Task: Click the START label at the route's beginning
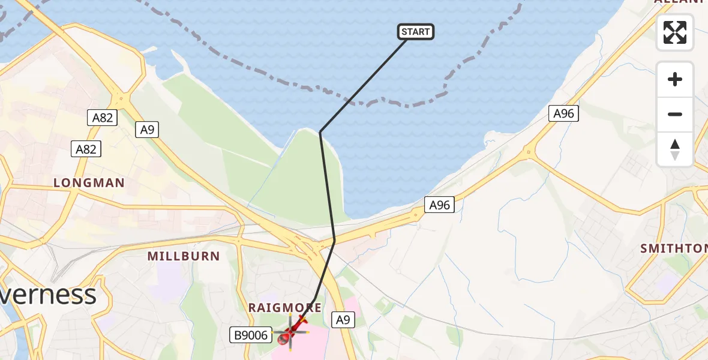click(415, 32)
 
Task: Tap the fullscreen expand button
click(675, 32)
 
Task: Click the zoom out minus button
click(675, 114)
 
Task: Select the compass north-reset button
click(675, 149)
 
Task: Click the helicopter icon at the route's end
click(291, 332)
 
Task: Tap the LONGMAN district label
click(89, 183)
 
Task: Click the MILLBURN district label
click(184, 256)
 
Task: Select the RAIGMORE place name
click(285, 308)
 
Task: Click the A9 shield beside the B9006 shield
click(343, 320)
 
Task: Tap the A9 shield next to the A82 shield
click(146, 130)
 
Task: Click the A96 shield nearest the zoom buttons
click(564, 113)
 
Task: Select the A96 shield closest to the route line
click(439, 205)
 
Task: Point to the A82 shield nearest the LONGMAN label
click(86, 149)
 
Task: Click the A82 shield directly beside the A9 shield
click(103, 118)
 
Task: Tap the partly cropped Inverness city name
click(48, 295)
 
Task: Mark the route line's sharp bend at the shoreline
click(320, 131)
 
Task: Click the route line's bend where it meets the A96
click(334, 240)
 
